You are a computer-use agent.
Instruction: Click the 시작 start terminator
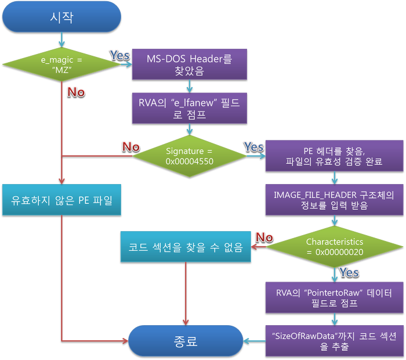61,17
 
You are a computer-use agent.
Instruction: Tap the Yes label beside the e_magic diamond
120,56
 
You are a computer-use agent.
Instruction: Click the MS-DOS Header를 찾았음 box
190,63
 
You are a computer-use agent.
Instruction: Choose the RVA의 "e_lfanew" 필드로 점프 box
190,108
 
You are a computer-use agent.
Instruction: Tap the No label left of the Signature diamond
131,146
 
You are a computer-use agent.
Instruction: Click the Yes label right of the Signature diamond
253,146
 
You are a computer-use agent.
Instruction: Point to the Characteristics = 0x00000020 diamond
334,246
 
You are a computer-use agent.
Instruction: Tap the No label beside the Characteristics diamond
264,236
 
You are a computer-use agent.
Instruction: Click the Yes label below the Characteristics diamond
349,272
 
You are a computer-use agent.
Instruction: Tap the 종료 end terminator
186,340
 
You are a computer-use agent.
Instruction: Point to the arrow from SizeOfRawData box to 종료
254,340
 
